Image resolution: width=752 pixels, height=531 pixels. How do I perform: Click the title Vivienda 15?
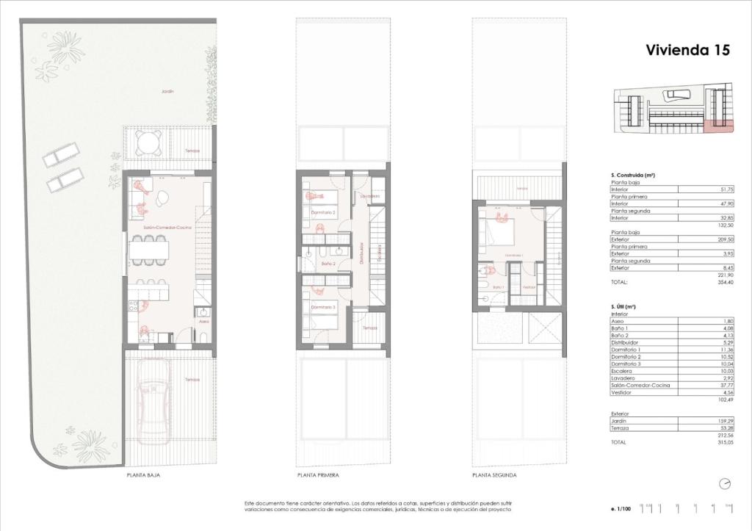pos(687,50)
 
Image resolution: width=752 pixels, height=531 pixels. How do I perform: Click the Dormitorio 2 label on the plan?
pos(323,213)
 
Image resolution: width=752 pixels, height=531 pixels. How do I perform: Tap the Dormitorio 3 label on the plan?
pos(323,307)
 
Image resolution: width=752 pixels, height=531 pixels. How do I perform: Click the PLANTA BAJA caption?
pos(143,476)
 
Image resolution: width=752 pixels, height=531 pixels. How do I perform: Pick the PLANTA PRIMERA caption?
pos(317,476)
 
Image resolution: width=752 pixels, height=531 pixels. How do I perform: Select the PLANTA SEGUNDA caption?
pos(494,476)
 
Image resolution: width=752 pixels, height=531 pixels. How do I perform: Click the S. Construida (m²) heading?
pos(632,176)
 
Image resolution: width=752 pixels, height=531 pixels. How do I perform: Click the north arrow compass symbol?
pos(725,483)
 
